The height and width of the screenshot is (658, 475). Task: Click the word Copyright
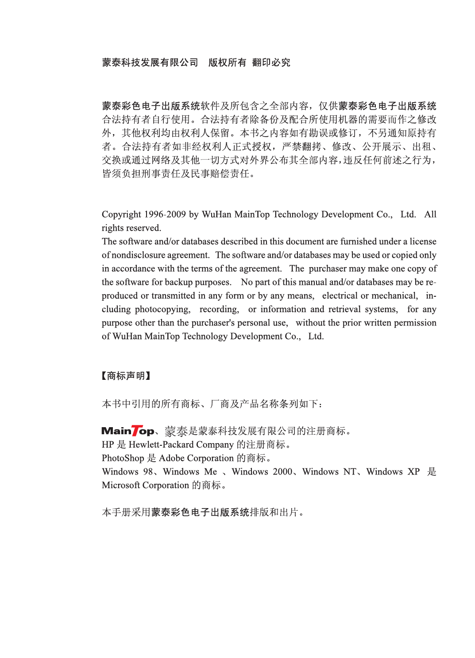click(x=121, y=215)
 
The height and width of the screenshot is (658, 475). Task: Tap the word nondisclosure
click(x=160, y=255)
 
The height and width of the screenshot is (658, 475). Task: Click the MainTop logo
click(x=128, y=431)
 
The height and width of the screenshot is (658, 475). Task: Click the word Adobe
click(x=172, y=458)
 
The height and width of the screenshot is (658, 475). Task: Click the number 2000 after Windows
click(x=282, y=472)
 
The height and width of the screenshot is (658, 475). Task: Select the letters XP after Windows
click(x=413, y=472)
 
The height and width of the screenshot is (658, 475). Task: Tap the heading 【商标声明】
click(x=126, y=376)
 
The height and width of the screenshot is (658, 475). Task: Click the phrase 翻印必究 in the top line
click(x=271, y=63)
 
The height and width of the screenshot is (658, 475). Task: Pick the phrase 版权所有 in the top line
click(x=227, y=63)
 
